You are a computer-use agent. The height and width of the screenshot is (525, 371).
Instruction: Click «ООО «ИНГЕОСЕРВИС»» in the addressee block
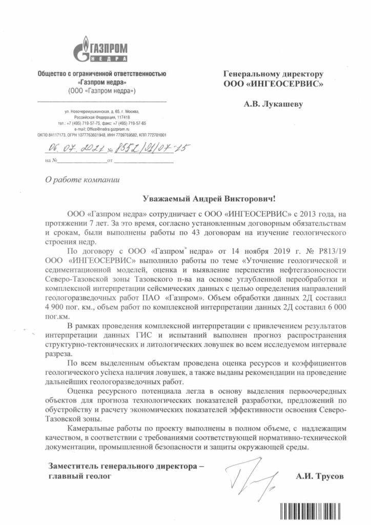[273, 83]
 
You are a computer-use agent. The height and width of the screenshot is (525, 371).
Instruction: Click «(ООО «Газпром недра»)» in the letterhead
[101, 91]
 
